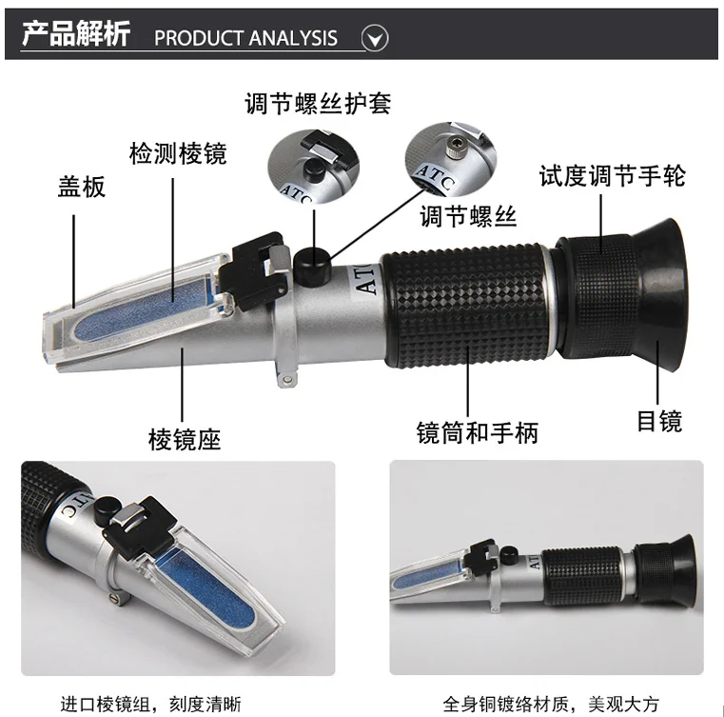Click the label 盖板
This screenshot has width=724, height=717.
pos(81,187)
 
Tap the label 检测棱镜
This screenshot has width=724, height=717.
pos(178,152)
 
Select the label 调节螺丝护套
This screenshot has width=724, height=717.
pos(318,103)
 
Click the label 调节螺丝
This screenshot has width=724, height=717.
pos(468,216)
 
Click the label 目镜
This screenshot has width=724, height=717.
pos(659,421)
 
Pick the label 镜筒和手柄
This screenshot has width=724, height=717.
pos(478,433)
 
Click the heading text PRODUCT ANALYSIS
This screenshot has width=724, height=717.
pos(245,38)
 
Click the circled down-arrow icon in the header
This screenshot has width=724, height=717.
pos(376,38)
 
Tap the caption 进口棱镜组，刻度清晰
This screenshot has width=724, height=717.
pos(150,705)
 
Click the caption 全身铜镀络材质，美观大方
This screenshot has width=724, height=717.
pos(551,705)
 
